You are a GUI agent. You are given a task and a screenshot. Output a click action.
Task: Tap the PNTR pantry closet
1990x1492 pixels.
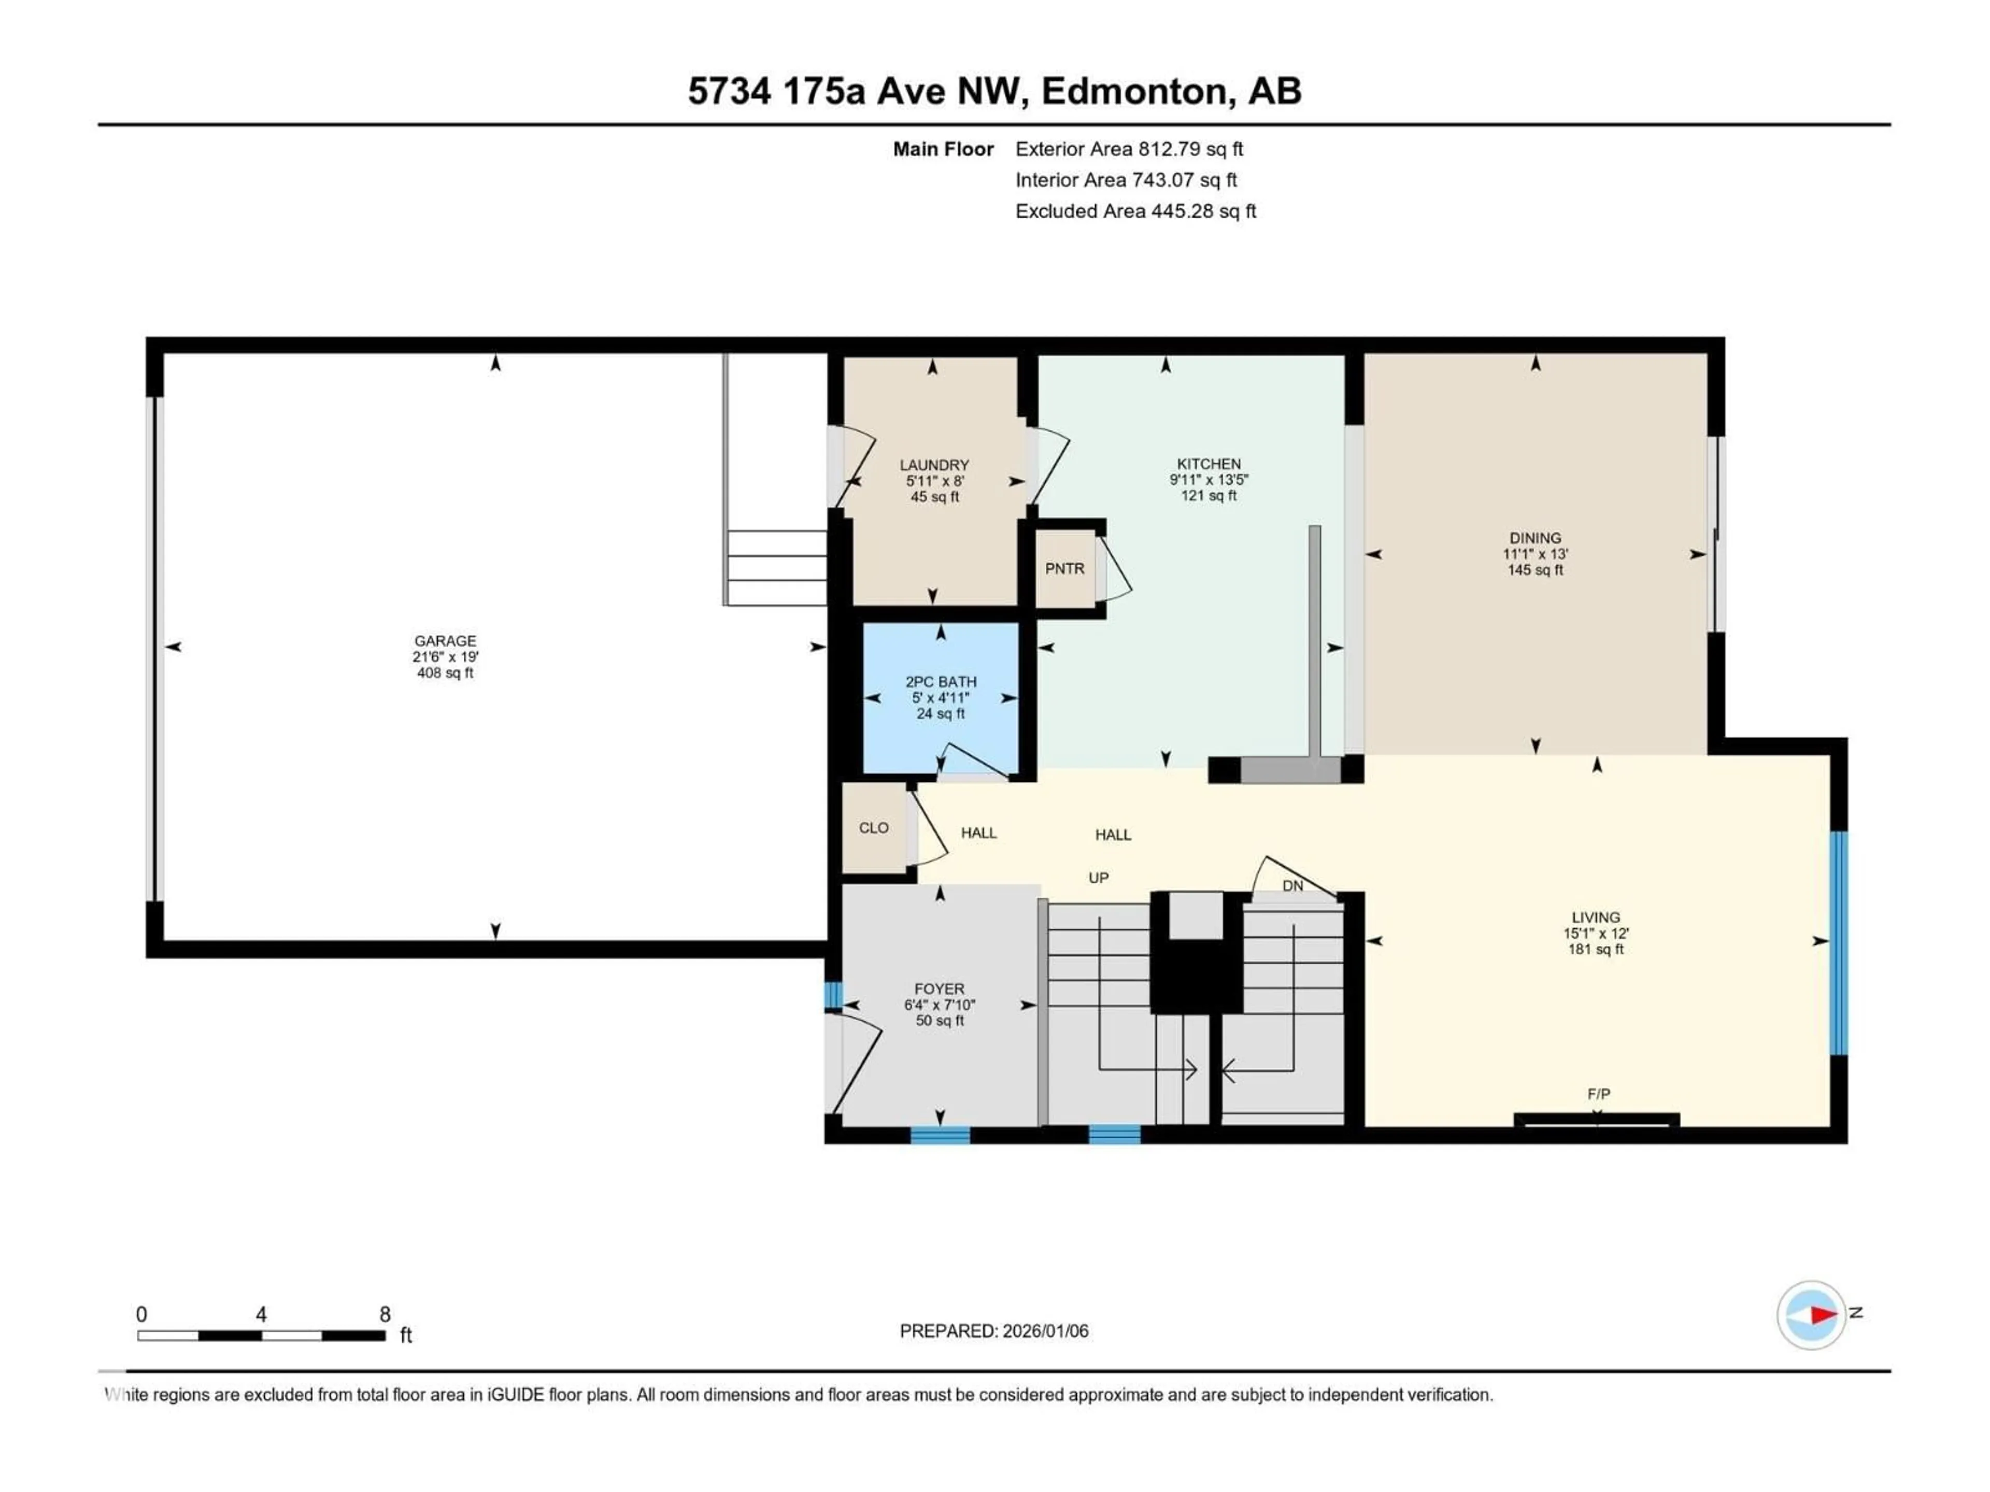tap(1064, 568)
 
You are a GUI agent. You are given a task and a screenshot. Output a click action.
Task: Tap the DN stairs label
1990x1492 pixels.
tap(1292, 886)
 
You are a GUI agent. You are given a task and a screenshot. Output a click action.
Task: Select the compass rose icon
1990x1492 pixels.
tap(1811, 1315)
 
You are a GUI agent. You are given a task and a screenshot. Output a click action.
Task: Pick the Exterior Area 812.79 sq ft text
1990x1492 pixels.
tap(1129, 149)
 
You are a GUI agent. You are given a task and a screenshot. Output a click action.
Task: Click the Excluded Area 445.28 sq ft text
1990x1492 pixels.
tap(1135, 211)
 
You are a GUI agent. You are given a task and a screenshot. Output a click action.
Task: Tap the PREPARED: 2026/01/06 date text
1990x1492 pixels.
tap(993, 1331)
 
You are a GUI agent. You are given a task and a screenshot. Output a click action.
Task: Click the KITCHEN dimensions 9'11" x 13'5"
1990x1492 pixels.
tap(1208, 480)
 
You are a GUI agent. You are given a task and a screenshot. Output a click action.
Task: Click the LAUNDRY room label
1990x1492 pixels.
tap(934, 465)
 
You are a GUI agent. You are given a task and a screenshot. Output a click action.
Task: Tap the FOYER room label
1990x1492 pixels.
tap(939, 988)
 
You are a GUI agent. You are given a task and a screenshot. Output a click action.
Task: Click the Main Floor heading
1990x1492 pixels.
tap(943, 149)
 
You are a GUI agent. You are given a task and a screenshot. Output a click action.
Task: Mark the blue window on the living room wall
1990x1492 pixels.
tap(1839, 942)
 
